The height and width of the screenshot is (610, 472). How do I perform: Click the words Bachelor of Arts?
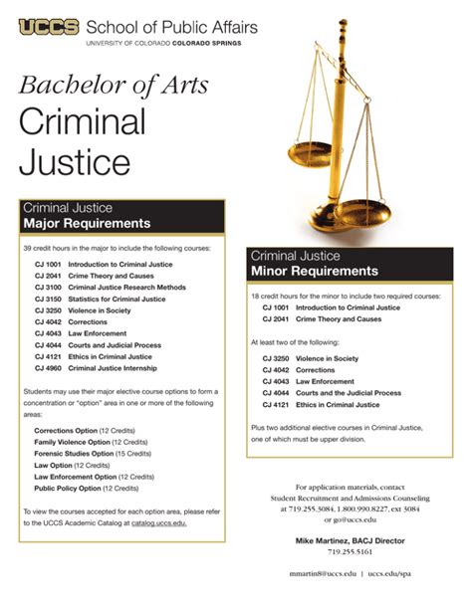[x=115, y=85]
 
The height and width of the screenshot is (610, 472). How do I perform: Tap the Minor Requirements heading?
[x=315, y=271]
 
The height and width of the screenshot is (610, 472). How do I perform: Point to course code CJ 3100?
[x=48, y=287]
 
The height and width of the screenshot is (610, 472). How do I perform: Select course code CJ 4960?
[x=48, y=367]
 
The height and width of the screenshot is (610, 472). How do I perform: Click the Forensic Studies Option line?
[x=91, y=453]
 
